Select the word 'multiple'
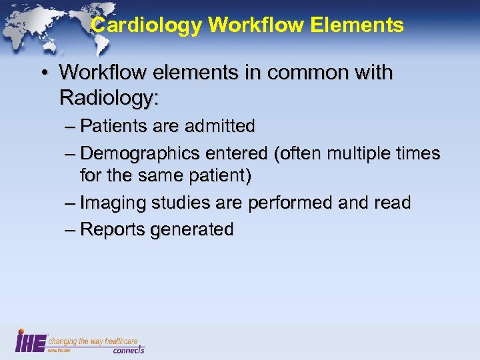[353, 153]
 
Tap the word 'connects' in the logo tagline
[127, 349]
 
